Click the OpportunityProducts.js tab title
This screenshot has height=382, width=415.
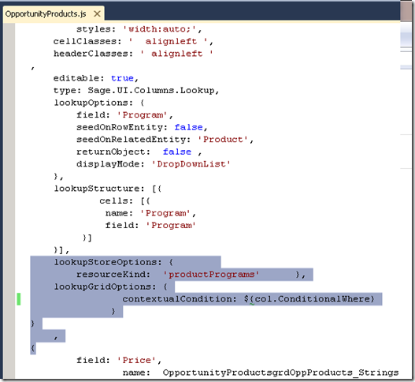click(46, 13)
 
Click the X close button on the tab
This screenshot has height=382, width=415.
click(97, 13)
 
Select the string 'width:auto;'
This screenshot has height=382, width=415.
click(160, 29)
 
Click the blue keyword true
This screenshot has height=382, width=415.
click(122, 78)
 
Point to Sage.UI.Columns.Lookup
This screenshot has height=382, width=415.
click(151, 91)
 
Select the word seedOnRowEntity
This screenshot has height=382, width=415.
click(120, 127)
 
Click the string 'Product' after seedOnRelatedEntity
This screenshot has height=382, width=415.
click(223, 140)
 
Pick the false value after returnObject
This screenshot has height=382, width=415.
click(177, 152)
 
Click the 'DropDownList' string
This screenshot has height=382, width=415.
click(191, 164)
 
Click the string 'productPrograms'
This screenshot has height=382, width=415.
click(211, 275)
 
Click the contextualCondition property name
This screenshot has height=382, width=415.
click(177, 299)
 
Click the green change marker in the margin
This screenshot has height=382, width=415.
click(19, 299)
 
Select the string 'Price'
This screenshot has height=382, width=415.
click(136, 360)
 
